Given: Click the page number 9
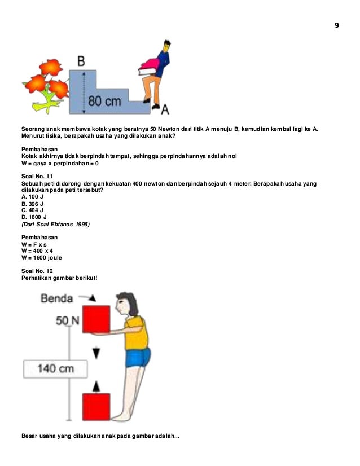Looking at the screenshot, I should click(337, 26).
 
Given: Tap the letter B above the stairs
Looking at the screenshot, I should click(82, 60).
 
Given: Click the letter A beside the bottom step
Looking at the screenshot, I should click(165, 108).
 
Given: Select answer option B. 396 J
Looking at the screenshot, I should click(32, 203).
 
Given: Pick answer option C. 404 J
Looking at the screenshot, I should click(32, 210).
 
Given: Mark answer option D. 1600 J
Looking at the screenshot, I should click(34, 217).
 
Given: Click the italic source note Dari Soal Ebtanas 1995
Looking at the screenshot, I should click(55, 223).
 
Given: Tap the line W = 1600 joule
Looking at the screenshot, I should click(42, 257).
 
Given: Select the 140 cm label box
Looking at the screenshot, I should click(55, 368).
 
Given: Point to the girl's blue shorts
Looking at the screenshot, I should click(138, 358).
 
